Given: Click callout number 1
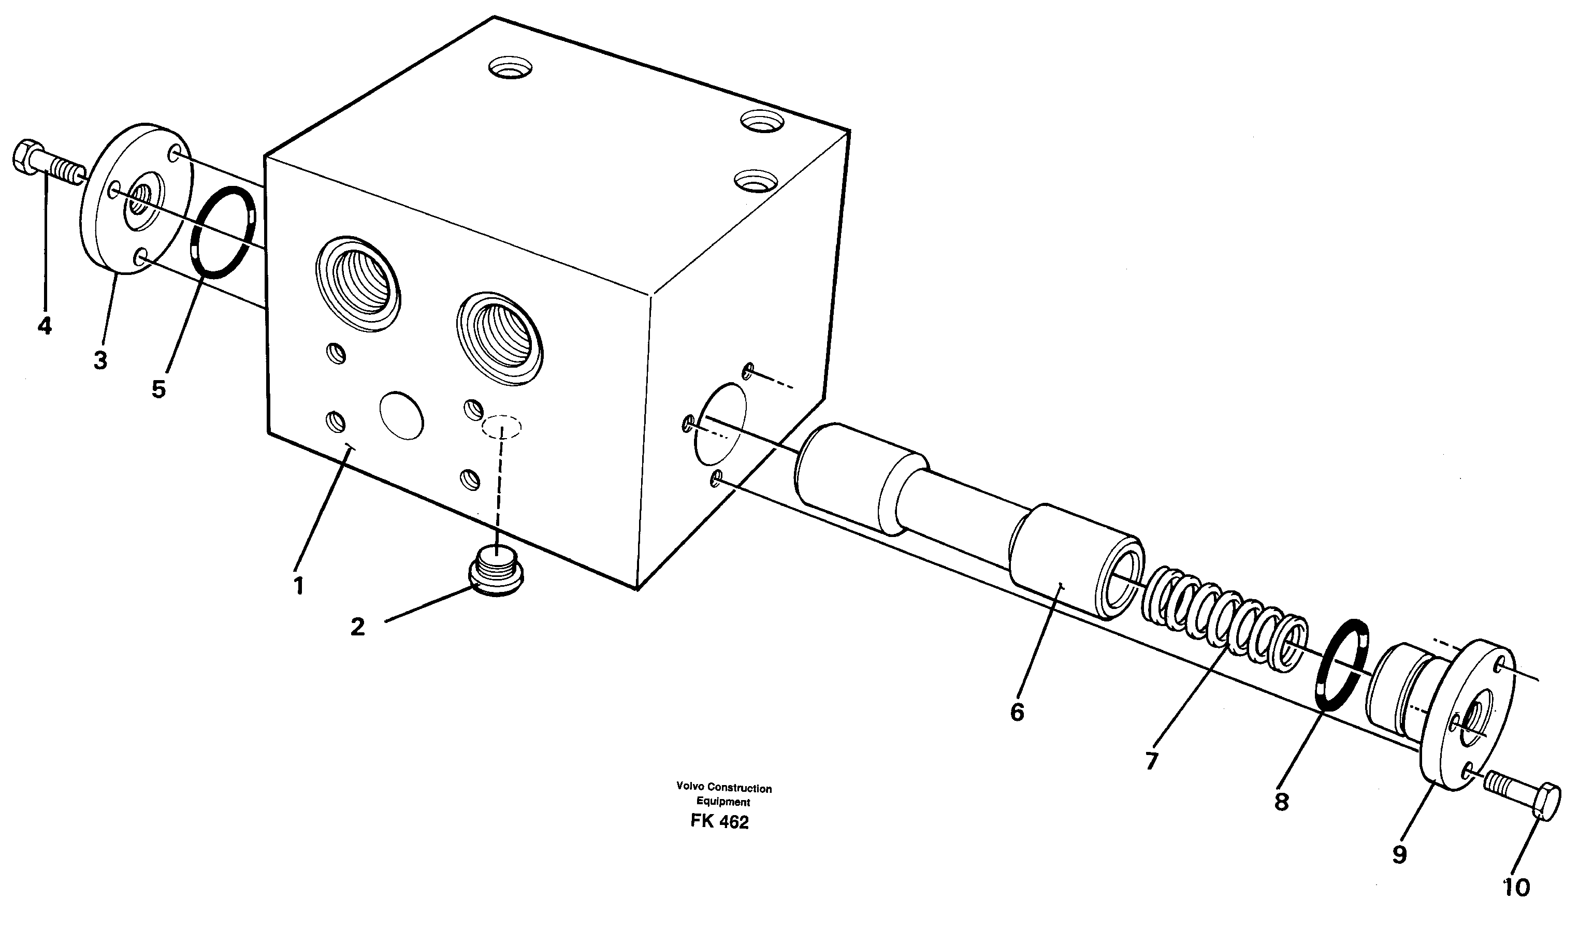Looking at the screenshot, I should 299,586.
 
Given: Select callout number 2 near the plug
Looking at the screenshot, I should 358,627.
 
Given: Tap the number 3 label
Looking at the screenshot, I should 100,360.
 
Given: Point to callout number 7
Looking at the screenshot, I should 1152,761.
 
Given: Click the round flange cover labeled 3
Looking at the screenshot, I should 136,207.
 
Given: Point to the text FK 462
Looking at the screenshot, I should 719,821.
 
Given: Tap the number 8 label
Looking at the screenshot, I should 1281,802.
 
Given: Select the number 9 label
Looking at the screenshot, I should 1399,854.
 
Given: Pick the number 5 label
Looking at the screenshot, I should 158,389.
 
